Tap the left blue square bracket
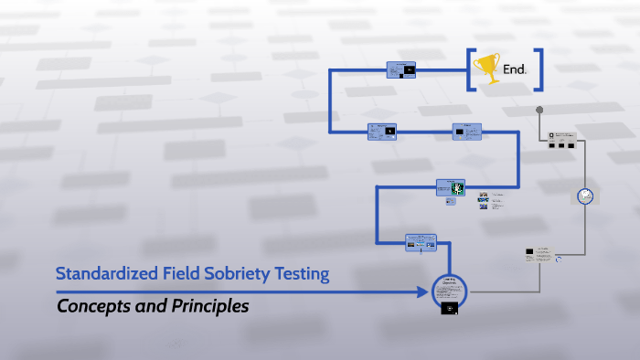pyautogui.click(x=471, y=69)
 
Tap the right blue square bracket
pyautogui.click(x=539, y=69)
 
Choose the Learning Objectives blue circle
pyautogui.click(x=449, y=291)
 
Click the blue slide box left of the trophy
pyautogui.click(x=401, y=69)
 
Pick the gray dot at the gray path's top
pyautogui.click(x=539, y=110)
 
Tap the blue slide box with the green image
pyautogui.click(x=451, y=188)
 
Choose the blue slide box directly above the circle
pyautogui.click(x=421, y=242)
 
